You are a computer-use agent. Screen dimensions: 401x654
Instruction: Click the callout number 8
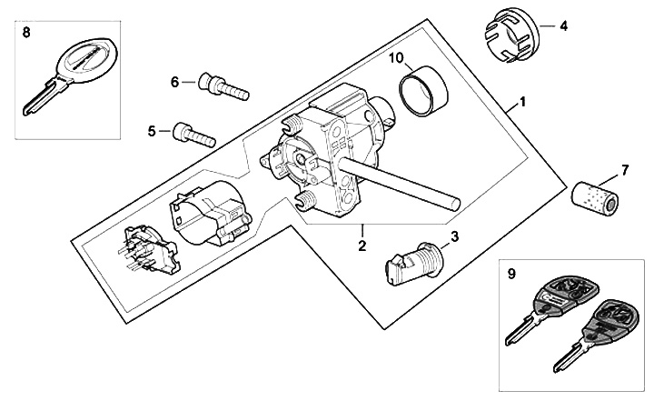point(25,32)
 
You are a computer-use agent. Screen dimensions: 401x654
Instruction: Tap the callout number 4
point(564,26)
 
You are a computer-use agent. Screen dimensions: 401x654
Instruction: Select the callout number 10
point(396,58)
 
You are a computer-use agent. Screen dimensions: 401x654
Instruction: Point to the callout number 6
point(174,82)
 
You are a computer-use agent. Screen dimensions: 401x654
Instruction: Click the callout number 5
point(152,131)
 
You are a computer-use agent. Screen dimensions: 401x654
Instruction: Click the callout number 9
point(510,271)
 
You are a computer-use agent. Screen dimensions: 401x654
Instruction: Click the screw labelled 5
point(192,135)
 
